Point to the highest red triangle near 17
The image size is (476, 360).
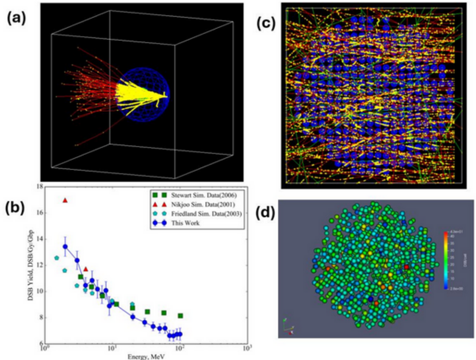[x=65, y=200]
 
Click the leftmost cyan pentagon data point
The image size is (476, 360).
[x=57, y=258]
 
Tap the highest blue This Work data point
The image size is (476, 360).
[x=65, y=246]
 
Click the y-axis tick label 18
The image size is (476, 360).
[x=39, y=187]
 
